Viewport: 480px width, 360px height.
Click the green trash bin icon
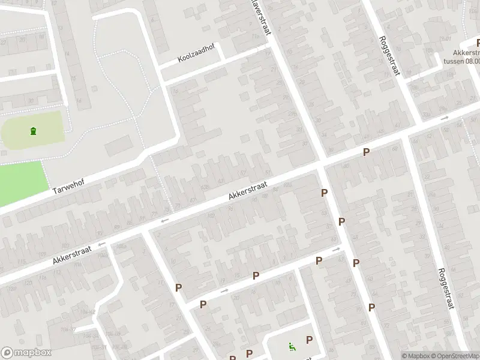[x=32, y=131]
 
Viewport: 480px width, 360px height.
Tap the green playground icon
[x=291, y=346]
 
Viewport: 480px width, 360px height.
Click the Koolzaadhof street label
[x=196, y=56]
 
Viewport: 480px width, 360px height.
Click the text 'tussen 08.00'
[x=461, y=60]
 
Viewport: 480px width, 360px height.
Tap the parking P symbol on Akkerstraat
[x=366, y=153]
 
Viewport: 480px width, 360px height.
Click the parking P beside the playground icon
[x=309, y=340]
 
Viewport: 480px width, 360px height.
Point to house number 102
[x=211, y=215]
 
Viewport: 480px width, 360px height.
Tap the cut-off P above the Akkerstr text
[x=478, y=43]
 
